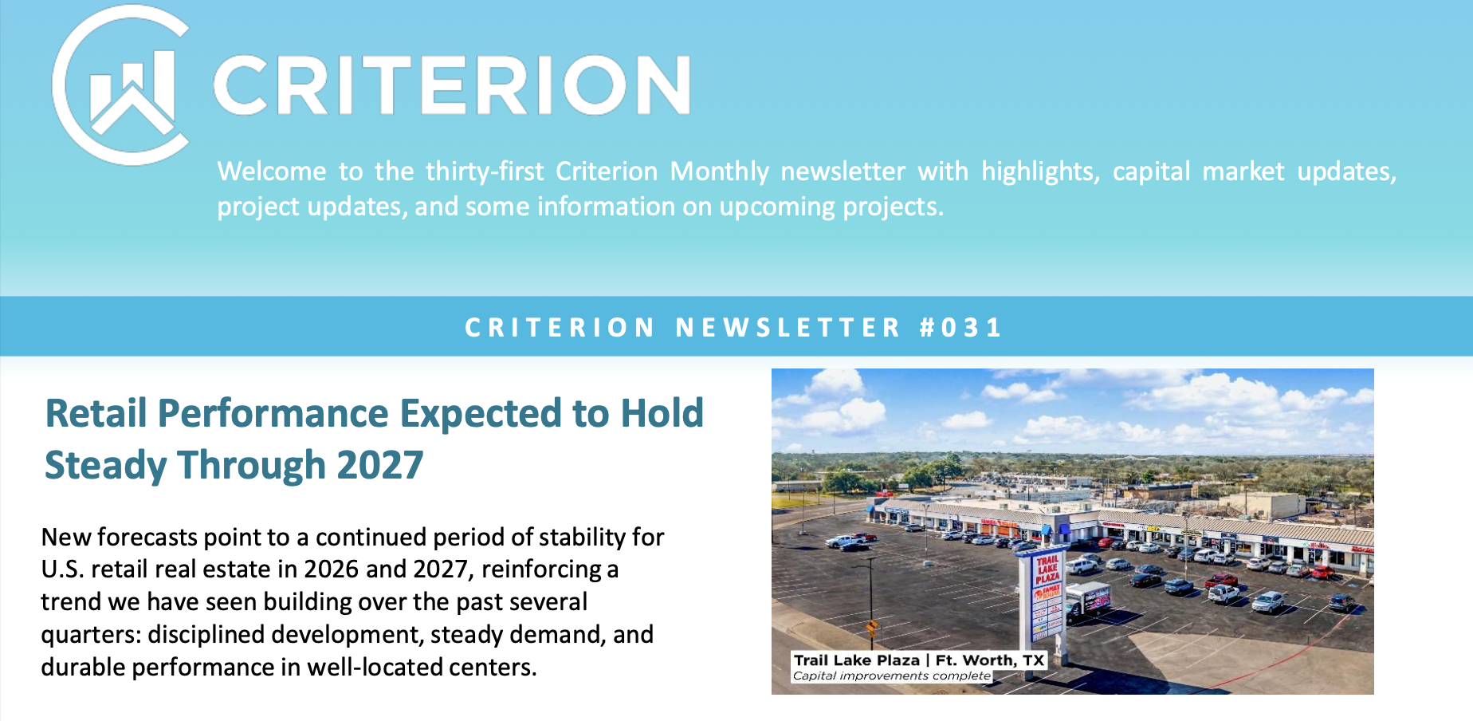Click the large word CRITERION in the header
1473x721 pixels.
451,85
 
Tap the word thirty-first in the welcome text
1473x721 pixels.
485,171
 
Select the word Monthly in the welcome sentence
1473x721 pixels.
719,171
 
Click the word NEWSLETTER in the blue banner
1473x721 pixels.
788,328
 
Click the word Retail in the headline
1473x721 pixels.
96,414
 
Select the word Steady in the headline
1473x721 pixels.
105,466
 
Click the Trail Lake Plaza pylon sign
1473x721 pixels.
1047,594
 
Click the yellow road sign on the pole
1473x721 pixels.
872,626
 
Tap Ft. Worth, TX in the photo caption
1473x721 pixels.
989,660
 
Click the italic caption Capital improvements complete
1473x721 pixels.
891,676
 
